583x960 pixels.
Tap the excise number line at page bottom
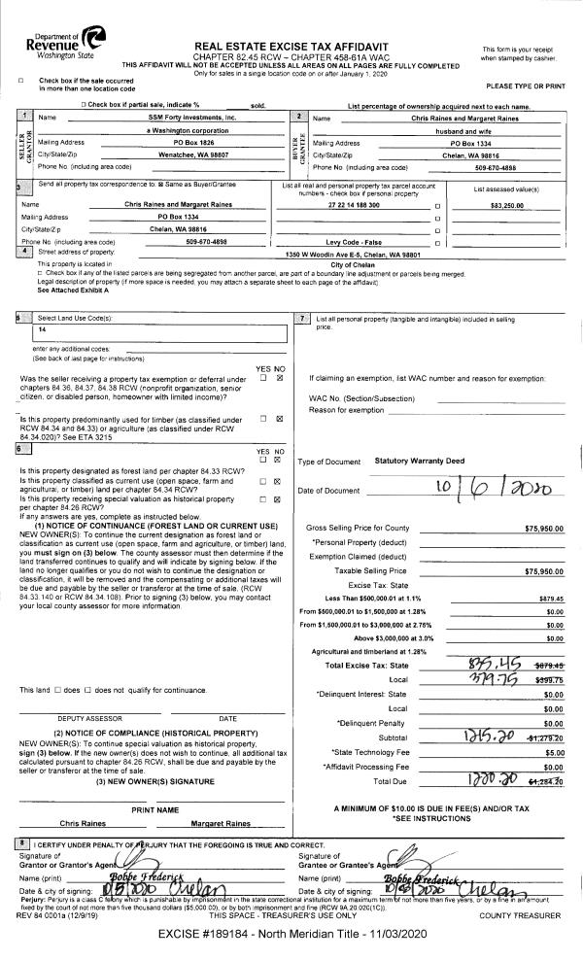coord(291,935)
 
